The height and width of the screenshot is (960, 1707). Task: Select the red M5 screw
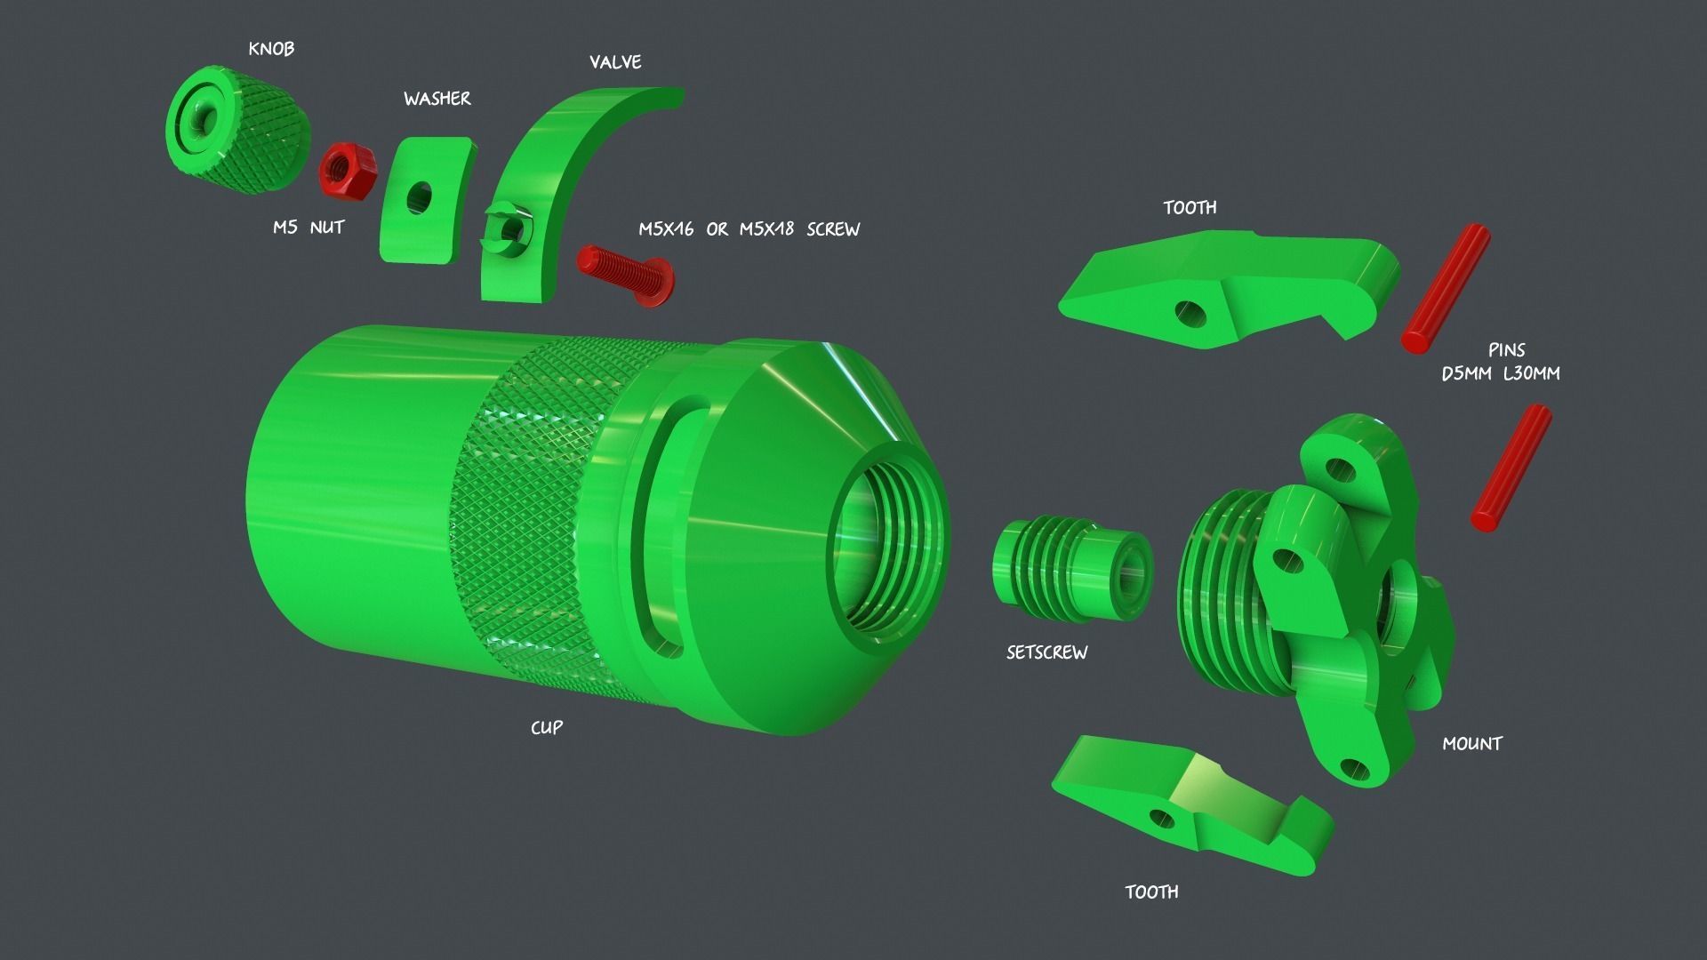625,276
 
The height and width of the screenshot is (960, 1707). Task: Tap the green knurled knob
238,130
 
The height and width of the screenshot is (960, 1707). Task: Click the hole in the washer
419,196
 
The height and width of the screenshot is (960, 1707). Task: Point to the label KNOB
271,49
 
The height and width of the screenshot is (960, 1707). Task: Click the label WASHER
437,99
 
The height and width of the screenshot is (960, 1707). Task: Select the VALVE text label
615,62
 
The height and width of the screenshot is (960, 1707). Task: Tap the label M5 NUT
308,228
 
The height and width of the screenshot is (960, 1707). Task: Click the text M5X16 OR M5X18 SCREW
749,229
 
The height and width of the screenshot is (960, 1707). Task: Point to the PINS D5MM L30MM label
1501,363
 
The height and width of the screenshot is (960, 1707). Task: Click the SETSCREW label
1046,652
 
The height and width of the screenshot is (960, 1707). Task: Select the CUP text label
546,728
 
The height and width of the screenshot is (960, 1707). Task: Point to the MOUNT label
1471,744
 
